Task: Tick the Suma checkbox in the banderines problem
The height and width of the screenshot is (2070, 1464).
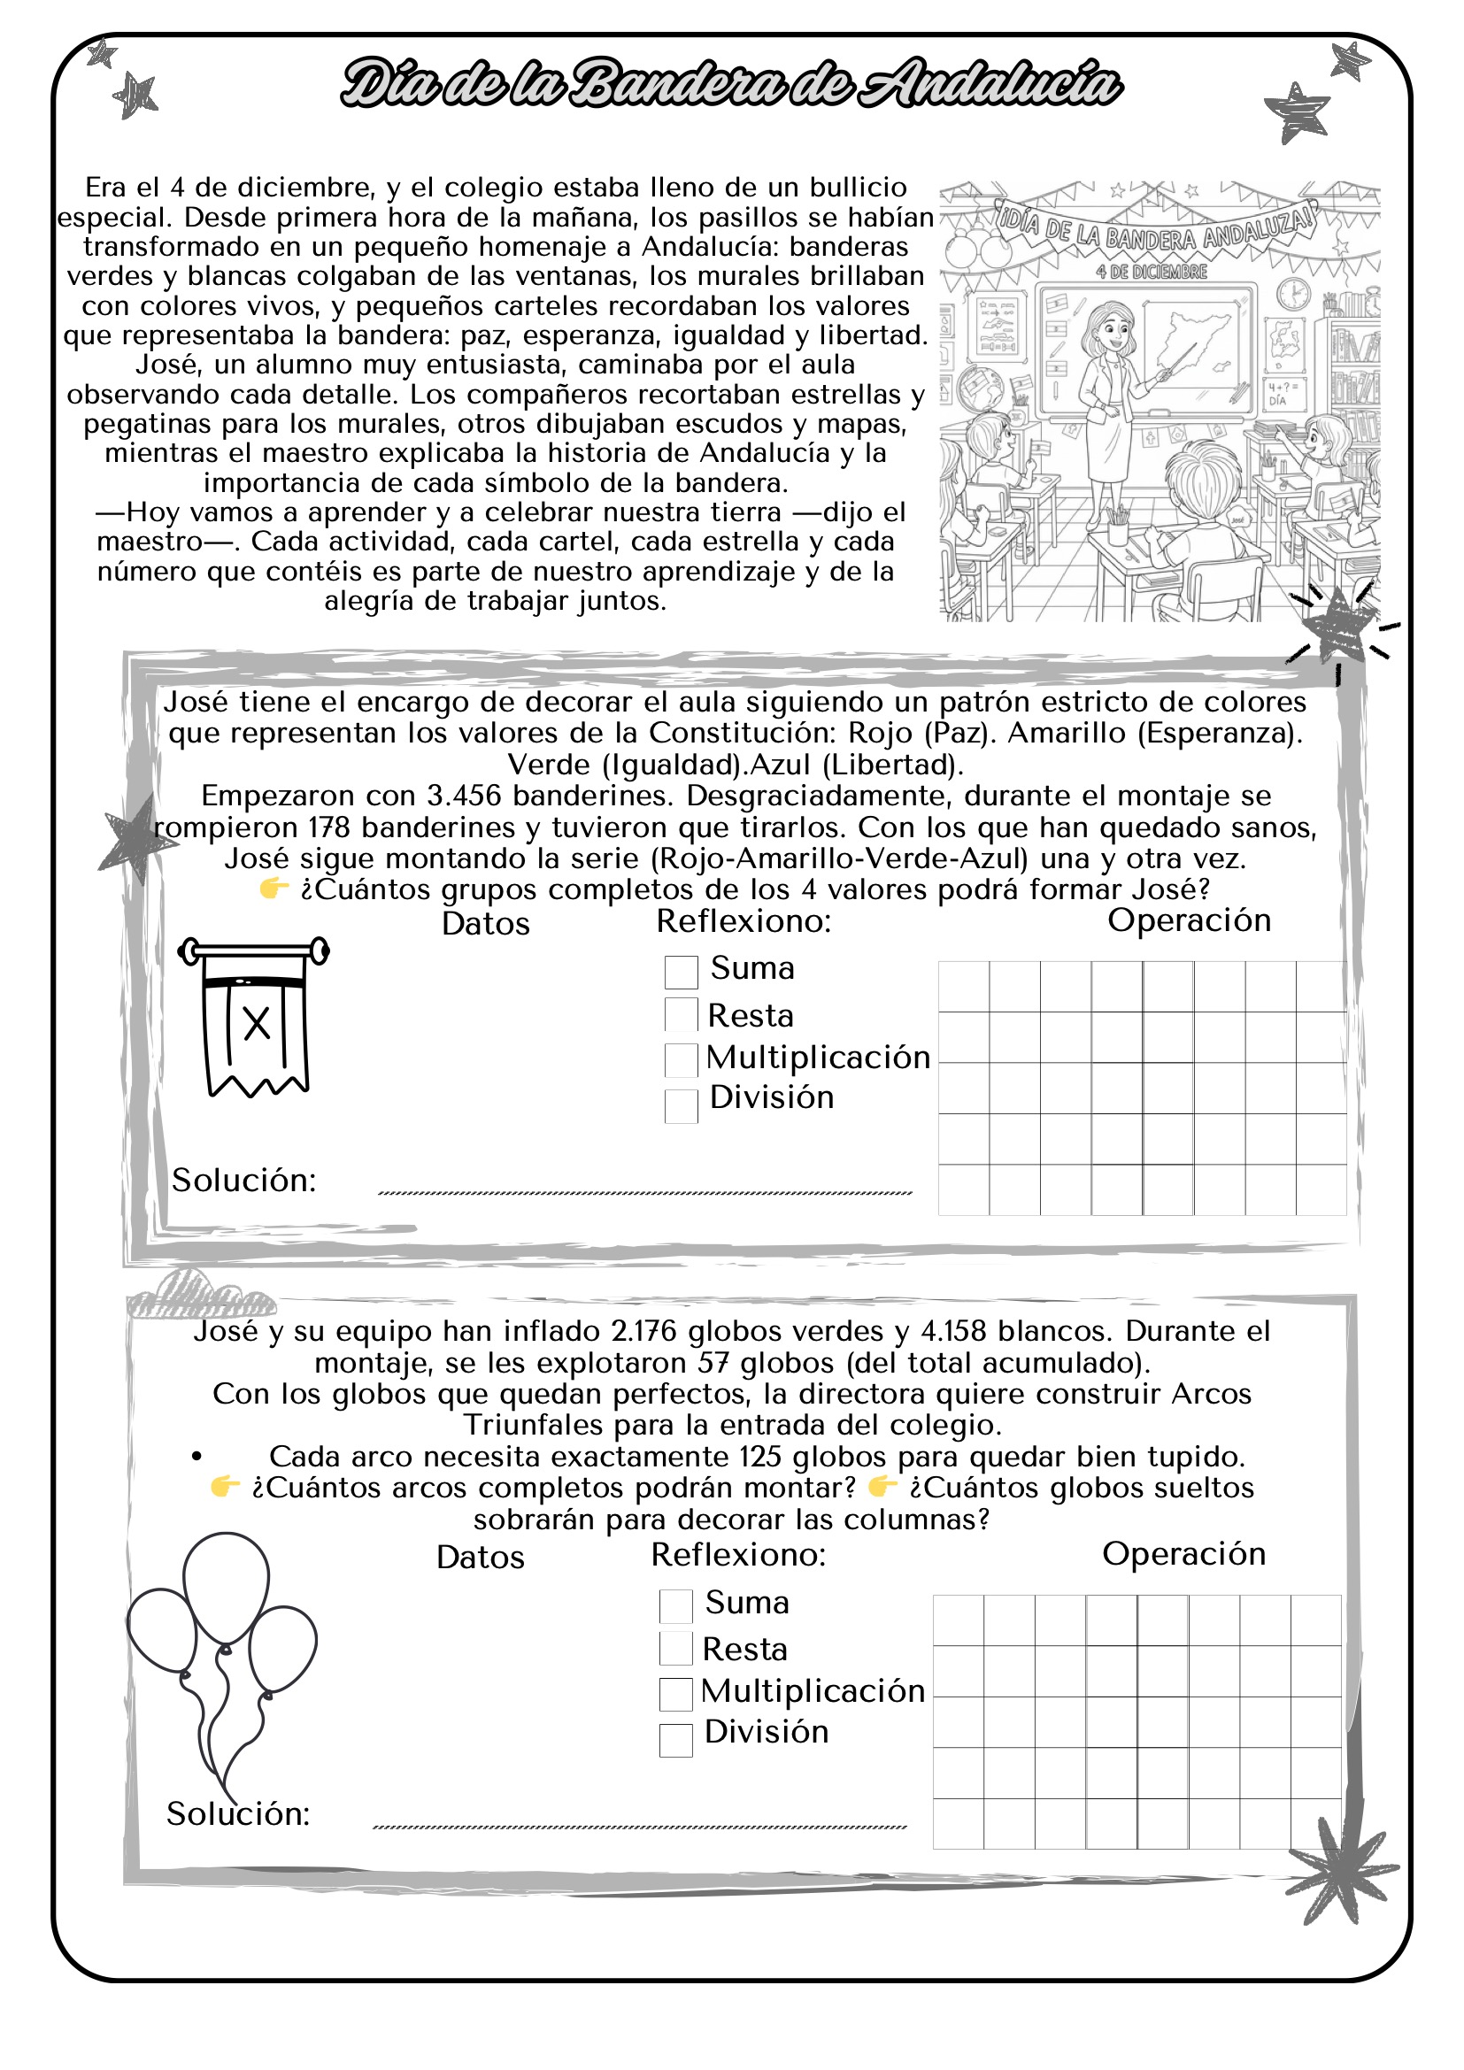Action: coord(681,972)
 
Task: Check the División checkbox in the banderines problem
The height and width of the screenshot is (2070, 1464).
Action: coord(681,1106)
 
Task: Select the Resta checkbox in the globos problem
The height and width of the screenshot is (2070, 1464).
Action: coord(675,1649)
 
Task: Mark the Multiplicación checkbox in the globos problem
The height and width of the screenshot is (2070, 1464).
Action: coord(675,1694)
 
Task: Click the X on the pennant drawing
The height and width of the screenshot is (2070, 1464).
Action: coord(257,1024)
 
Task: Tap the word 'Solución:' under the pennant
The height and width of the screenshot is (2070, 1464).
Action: coord(243,1181)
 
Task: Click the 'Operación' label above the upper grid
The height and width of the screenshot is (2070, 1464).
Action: coord(1188,920)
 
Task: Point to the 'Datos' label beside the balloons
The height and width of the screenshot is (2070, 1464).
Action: coord(480,1558)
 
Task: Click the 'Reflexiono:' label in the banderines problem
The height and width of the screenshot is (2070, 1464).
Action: coord(743,921)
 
